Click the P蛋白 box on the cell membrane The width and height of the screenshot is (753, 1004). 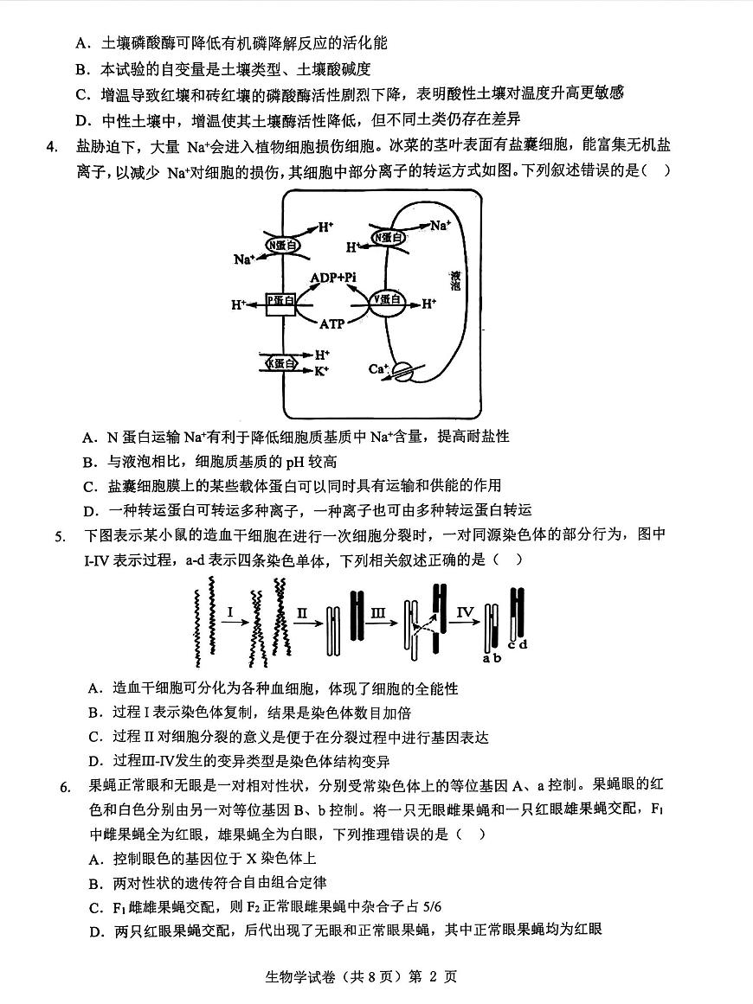pyautogui.click(x=280, y=303)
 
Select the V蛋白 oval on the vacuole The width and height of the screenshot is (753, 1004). pyautogui.click(x=387, y=300)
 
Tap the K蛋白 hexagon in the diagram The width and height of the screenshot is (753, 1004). pyautogui.click(x=280, y=362)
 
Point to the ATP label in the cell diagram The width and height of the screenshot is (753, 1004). pyautogui.click(x=333, y=323)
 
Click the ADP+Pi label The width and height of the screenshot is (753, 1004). pyautogui.click(x=334, y=277)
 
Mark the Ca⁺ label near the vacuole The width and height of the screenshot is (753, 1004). pyautogui.click(x=377, y=369)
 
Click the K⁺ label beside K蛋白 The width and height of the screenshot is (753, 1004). pyautogui.click(x=322, y=370)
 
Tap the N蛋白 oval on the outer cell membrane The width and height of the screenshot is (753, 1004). pyautogui.click(x=282, y=245)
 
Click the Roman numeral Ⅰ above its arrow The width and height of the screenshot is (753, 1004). pyautogui.click(x=230, y=612)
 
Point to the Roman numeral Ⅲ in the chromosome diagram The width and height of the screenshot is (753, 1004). pyautogui.click(x=378, y=612)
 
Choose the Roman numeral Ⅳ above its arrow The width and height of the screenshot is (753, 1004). pyautogui.click(x=466, y=612)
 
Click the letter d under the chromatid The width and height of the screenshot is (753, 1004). pyautogui.click(x=523, y=644)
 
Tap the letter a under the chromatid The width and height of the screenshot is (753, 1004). pyautogui.click(x=486, y=658)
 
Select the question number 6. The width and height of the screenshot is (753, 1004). pyautogui.click(x=64, y=787)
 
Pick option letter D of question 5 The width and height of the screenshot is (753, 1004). pyautogui.click(x=95, y=762)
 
